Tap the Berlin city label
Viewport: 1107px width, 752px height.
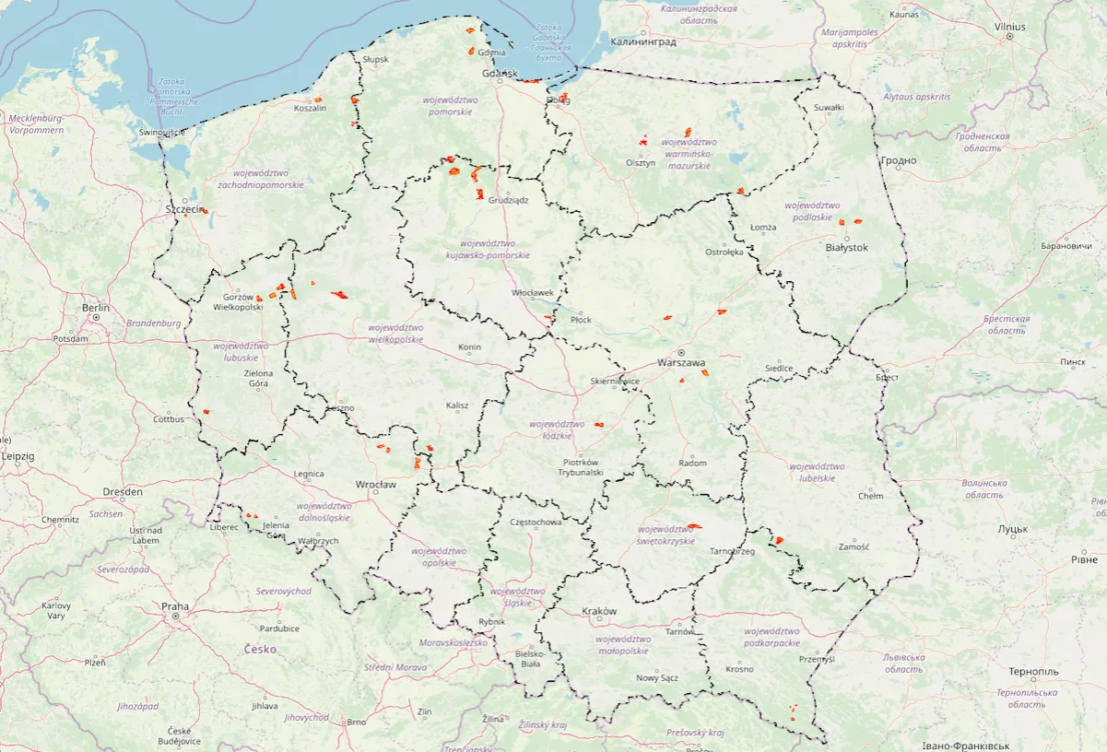[95, 308]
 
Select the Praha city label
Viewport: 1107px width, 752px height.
[175, 606]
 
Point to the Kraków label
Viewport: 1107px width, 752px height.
[599, 612]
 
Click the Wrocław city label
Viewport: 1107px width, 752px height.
[375, 485]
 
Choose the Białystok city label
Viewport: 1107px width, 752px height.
[847, 248]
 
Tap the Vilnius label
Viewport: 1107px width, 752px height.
[1009, 27]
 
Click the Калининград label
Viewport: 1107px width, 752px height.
[643, 42]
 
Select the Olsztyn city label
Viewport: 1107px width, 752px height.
[640, 163]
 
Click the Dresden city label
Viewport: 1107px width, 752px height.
[123, 492]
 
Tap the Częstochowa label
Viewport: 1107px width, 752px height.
[536, 523]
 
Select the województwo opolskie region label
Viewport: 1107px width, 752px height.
[443, 557]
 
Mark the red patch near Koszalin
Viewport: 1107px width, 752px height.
[317, 99]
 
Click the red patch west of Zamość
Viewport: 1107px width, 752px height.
[779, 539]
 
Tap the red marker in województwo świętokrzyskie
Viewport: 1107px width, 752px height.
[694, 526]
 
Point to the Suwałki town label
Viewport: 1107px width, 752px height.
[828, 108]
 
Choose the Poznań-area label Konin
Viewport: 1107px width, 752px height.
[469, 347]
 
